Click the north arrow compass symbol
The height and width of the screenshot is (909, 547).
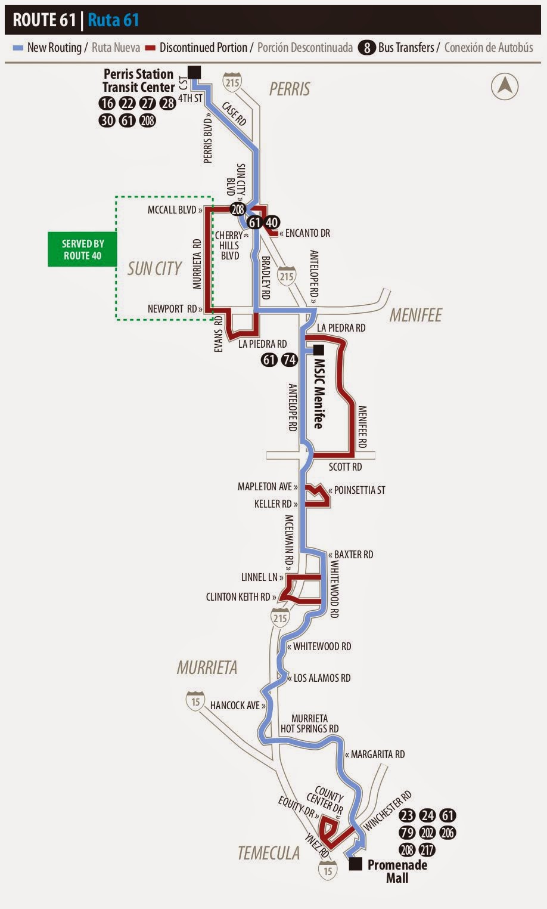click(504, 87)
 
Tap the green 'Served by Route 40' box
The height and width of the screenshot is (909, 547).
click(82, 250)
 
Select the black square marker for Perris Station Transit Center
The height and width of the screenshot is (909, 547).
click(194, 72)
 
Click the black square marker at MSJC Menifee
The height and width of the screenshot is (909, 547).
click(318, 350)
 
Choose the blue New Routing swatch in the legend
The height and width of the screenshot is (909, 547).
click(18, 48)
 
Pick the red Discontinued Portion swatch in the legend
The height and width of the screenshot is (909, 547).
click(150, 48)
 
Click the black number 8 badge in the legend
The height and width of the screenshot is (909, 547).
click(366, 48)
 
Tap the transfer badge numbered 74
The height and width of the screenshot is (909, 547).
click(289, 360)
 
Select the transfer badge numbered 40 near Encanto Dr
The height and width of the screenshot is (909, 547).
click(272, 222)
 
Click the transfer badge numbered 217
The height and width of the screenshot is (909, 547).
click(427, 849)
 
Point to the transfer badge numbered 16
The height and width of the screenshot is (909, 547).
click(107, 103)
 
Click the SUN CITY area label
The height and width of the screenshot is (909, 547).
click(154, 269)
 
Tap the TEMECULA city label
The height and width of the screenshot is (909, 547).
click(268, 853)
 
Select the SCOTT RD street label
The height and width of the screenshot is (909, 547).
click(345, 466)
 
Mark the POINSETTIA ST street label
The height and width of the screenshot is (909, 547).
click(359, 490)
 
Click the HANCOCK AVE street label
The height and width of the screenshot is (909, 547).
click(235, 706)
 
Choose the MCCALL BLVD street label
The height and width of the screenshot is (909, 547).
click(172, 210)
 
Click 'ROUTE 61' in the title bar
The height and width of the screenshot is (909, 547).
click(43, 20)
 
